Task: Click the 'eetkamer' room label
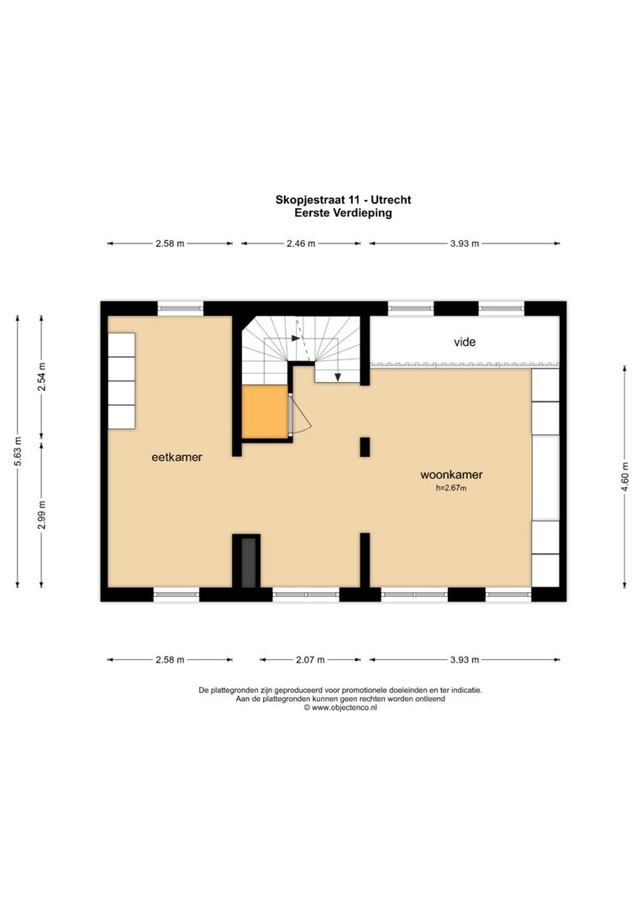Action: coord(176,457)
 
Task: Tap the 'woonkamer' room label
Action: coord(451,474)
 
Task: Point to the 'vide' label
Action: coord(465,342)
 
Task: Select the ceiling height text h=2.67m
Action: coord(451,488)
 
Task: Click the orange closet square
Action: coord(265,412)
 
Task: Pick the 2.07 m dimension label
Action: coord(310,660)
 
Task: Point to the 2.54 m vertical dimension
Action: coord(42,376)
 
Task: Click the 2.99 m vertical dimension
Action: coord(42,514)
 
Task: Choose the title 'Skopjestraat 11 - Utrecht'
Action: coord(343,200)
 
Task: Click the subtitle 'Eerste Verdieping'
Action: coord(343,213)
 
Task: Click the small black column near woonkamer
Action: coord(365,447)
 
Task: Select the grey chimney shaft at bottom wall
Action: coord(247,562)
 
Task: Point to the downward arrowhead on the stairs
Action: coord(338,377)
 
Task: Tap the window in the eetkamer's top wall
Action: coord(181,307)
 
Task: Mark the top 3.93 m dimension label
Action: coord(463,244)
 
